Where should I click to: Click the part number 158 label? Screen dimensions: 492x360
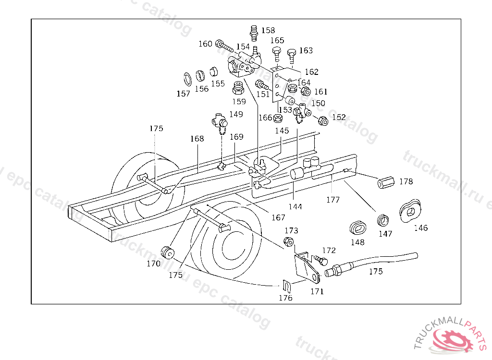coord(268,30)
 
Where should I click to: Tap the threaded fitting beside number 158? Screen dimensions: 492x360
coord(254,33)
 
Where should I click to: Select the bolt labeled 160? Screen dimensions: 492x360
coord(224,47)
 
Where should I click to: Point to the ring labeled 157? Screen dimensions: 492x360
coord(187,79)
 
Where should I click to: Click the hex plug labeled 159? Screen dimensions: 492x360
coord(238,88)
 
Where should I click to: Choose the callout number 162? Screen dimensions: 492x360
coord(311,72)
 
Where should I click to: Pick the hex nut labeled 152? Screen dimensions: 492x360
coord(323,120)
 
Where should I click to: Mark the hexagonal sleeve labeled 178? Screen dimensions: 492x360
coord(386,182)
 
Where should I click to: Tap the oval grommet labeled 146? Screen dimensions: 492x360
coord(410,211)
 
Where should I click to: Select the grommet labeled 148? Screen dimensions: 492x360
coord(358,228)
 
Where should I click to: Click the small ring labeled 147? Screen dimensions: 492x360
coord(383,220)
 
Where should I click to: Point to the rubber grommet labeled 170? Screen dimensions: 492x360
coord(168,253)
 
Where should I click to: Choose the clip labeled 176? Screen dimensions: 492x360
coord(287,286)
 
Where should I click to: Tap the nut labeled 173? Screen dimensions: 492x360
coord(288,242)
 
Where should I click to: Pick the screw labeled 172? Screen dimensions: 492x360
coord(320,260)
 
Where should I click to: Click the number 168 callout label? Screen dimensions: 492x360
coord(197,139)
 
